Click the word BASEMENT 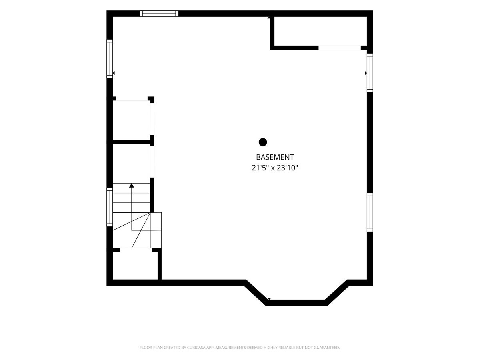point(275,157)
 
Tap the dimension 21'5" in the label point(260,168)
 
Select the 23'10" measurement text point(287,168)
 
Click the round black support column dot point(263,142)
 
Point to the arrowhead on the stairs point(132,185)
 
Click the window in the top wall point(159,13)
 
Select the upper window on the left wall point(110,58)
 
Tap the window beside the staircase point(110,207)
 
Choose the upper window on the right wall point(370,73)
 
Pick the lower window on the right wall point(370,212)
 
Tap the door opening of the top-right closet point(339,48)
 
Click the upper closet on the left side point(132,120)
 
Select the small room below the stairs point(135,266)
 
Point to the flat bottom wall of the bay point(296,303)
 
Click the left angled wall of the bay point(256,293)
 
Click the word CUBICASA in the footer point(196,347)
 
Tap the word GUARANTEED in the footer point(327,347)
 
